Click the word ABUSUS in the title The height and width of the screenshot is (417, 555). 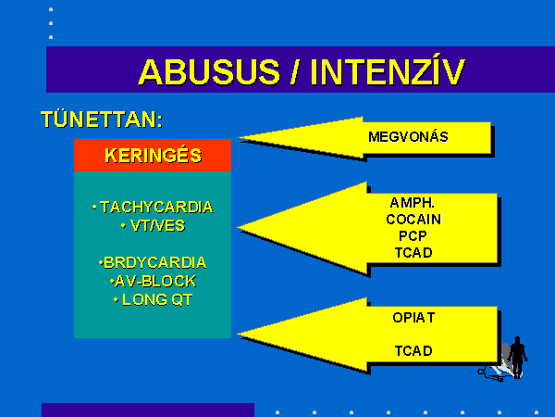(209, 72)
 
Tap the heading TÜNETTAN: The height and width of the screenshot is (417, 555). (102, 120)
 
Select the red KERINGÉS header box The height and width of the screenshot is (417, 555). (153, 156)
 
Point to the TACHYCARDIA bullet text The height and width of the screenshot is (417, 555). (153, 207)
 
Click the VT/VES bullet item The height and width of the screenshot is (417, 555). (153, 226)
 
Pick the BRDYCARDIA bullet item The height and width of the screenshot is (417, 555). (153, 263)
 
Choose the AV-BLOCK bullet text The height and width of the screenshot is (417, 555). (153, 282)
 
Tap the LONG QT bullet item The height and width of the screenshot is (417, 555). (153, 300)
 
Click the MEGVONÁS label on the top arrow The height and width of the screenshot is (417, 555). (408, 137)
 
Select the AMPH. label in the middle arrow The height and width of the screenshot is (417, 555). (413, 203)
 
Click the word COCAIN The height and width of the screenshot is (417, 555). (413, 220)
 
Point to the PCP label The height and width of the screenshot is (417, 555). (413, 236)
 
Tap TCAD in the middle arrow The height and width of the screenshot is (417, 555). (413, 253)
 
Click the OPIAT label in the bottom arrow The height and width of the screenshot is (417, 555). (413, 318)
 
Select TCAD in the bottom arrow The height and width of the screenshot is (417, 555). (413, 351)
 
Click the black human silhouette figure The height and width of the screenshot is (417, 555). (518, 358)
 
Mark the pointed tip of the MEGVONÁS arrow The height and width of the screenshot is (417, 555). (237, 137)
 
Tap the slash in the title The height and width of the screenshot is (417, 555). (294, 72)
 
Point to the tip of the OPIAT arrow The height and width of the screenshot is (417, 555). (237, 334)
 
